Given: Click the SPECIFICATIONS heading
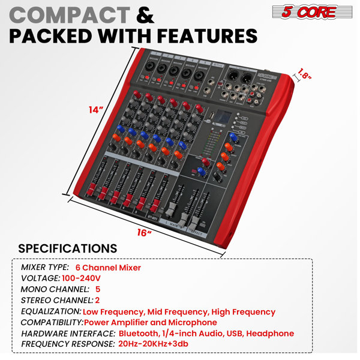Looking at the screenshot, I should coord(68,248).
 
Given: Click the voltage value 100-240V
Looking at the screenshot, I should coord(81,278).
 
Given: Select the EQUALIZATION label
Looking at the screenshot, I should coord(51,311).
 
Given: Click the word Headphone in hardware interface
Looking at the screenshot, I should coord(271,333).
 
